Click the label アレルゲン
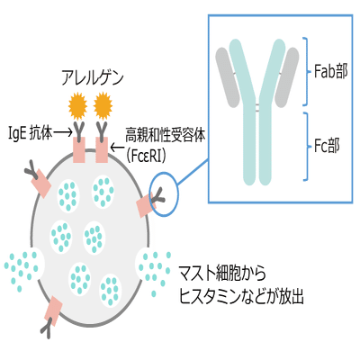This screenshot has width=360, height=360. tap(93, 77)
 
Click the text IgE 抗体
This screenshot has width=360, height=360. tap(31, 133)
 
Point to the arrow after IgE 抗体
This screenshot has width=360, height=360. tap(63, 132)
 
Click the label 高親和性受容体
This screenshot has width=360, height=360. tap(166, 134)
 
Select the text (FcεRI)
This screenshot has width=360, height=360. tap(146, 156)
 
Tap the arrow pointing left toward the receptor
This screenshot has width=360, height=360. tap(117, 148)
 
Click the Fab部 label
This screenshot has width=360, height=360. tap(331, 71)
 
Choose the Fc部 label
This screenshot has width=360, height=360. tap(327, 147)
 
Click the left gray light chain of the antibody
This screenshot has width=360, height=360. tap(228, 77)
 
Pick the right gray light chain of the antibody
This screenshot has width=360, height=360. tap(286, 77)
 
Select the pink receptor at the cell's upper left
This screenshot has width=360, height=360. tap(40, 184)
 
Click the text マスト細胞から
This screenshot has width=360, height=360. tap(222, 273)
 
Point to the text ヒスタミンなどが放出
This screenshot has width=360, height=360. tap(241, 296)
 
